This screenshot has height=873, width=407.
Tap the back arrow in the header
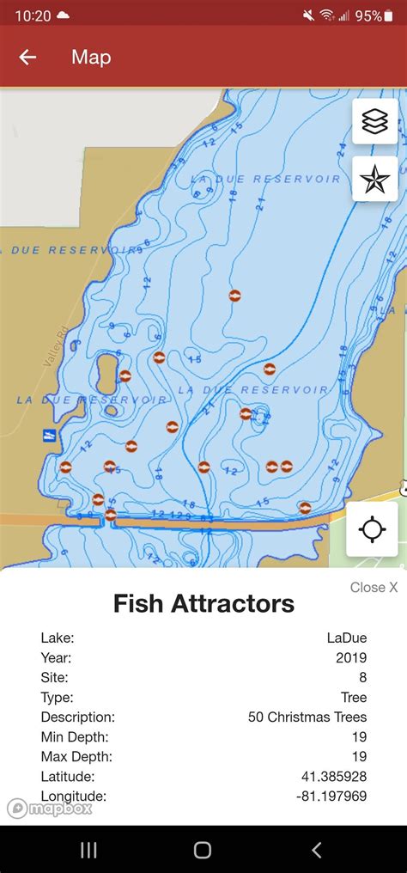27,58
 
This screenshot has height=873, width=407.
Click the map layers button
375,123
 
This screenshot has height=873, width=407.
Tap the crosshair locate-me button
372,528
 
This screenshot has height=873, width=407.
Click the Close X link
374,588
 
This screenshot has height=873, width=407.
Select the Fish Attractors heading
203,603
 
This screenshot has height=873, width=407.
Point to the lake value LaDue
346,638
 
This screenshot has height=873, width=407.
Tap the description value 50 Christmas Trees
307,717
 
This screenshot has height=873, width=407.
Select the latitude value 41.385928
333,776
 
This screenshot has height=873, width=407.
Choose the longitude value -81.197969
330,796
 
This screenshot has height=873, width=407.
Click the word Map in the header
91,58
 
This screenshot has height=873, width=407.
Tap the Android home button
203,850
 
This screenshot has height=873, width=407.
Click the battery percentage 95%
368,15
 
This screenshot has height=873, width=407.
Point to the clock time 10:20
33,15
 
